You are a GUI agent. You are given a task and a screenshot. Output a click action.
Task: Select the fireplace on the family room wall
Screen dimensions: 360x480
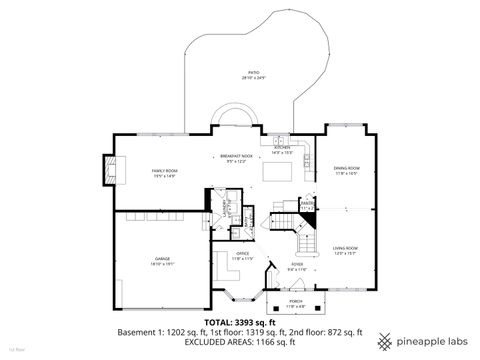(107, 171)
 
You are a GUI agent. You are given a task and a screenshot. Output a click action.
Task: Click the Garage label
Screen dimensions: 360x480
(161, 259)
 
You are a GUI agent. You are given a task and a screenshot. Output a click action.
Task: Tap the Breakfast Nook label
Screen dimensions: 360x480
(237, 156)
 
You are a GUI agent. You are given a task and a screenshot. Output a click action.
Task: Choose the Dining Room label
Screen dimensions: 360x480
(346, 168)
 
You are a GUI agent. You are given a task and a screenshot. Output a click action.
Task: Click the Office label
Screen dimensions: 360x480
(242, 254)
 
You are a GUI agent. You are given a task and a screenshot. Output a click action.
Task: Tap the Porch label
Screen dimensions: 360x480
(296, 300)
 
